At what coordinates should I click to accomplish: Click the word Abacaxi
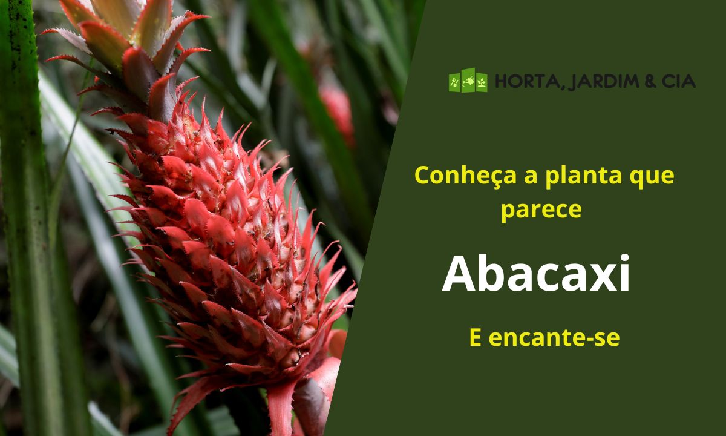coord(536,274)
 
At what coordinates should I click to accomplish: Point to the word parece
coord(541,210)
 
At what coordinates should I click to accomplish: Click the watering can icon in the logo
coord(468,81)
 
